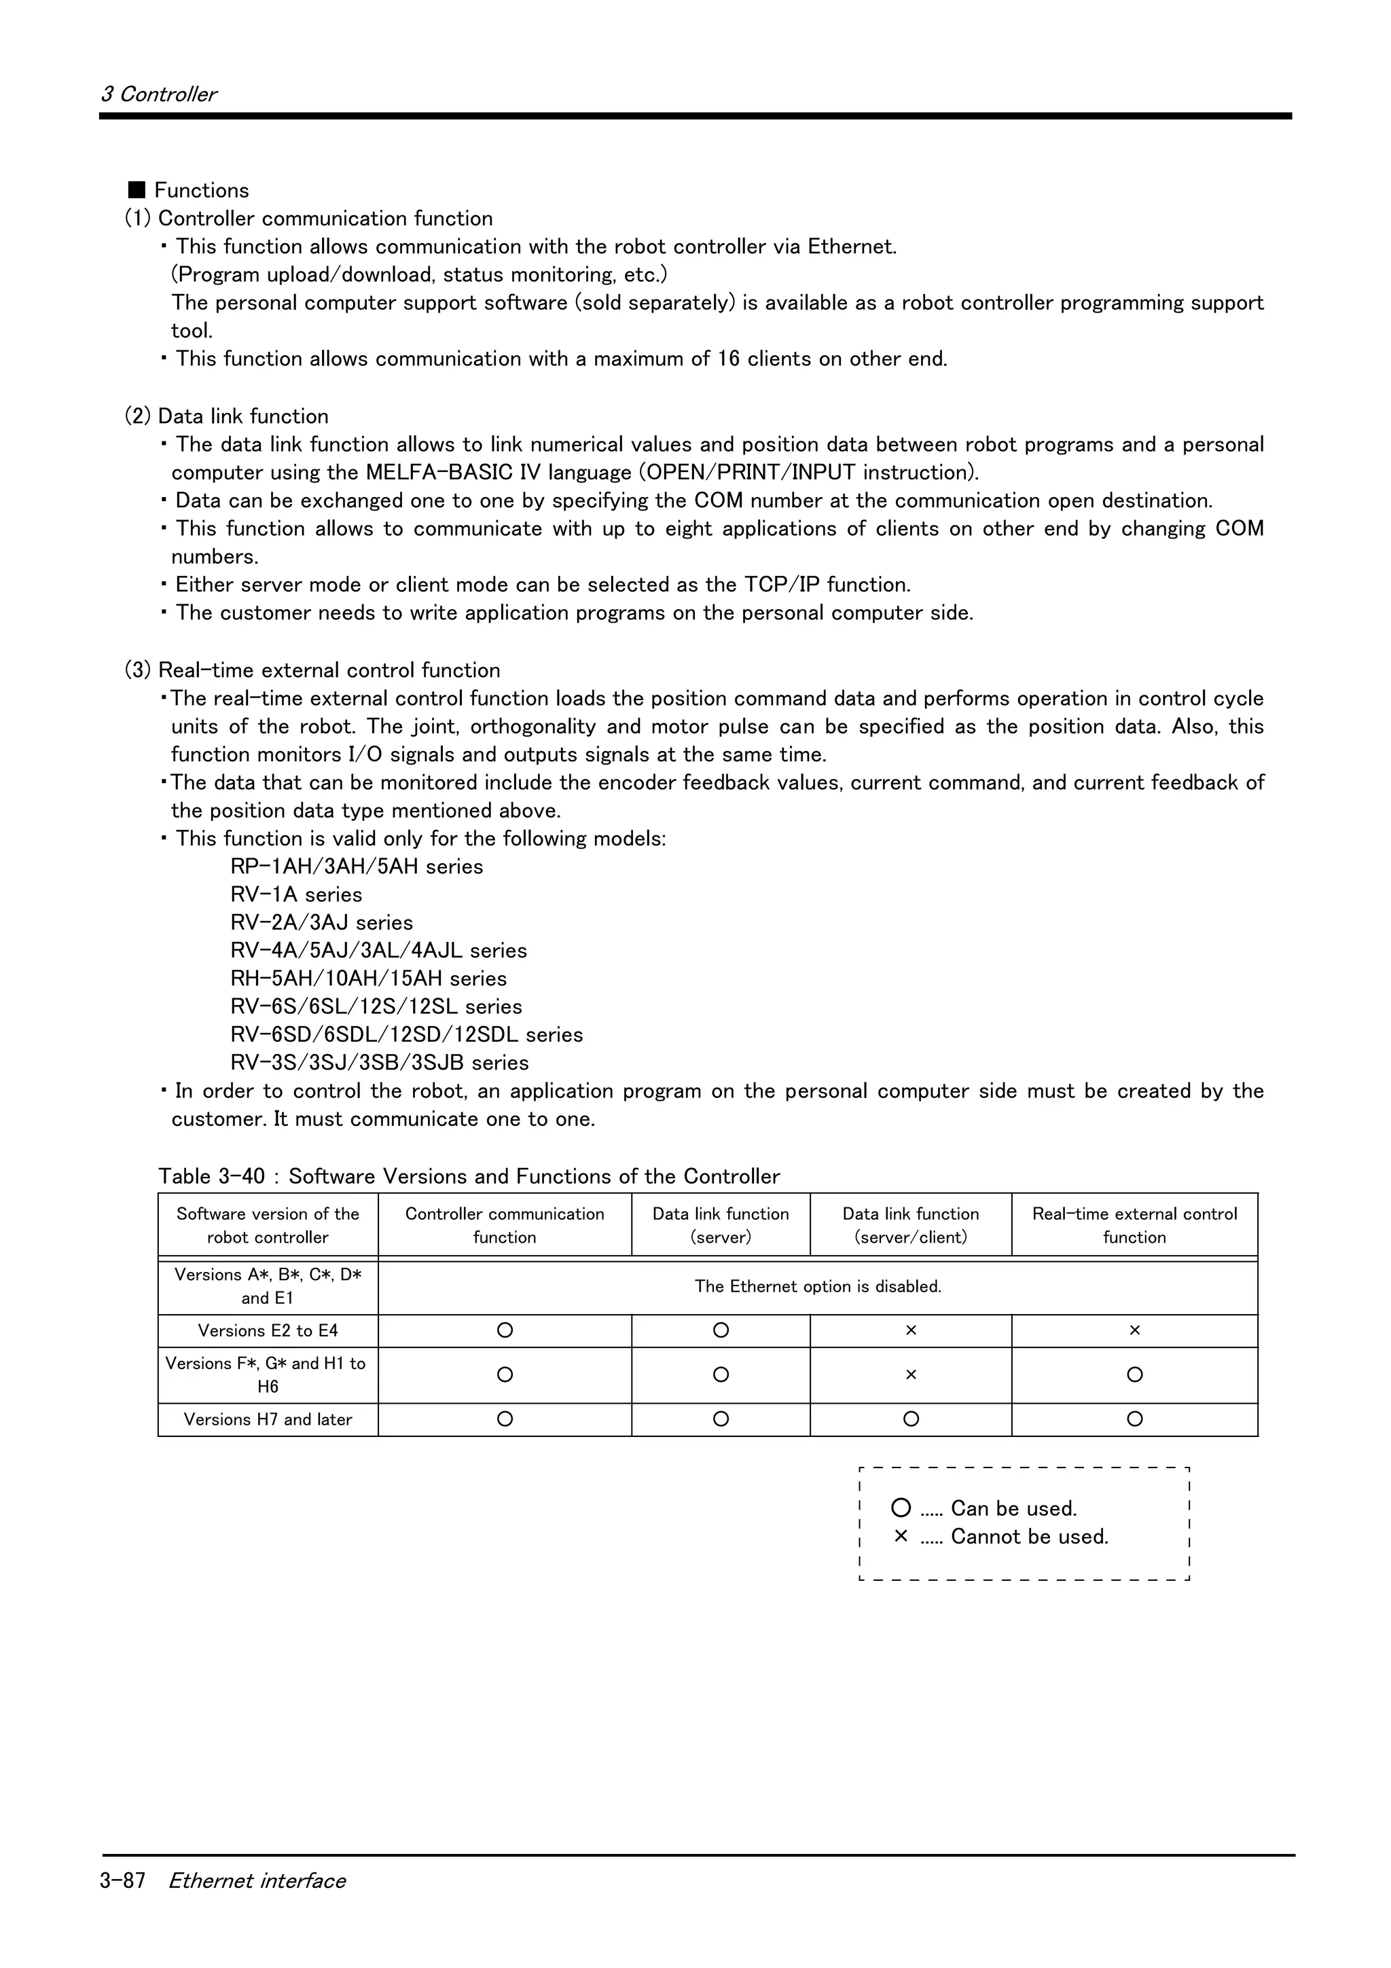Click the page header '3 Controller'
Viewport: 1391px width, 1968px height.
(x=158, y=94)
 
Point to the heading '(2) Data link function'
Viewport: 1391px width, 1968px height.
(x=226, y=416)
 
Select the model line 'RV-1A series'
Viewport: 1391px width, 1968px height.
(x=295, y=895)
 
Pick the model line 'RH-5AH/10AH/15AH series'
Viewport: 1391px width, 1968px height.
(x=369, y=979)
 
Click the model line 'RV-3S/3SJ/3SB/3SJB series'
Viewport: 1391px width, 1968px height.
(x=380, y=1063)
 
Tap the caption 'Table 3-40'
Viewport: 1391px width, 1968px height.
(x=212, y=1176)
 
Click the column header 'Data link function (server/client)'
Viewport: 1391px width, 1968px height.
(x=910, y=1225)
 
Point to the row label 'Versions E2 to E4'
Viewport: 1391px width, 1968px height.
(x=268, y=1330)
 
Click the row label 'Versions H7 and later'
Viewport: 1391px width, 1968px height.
(x=268, y=1419)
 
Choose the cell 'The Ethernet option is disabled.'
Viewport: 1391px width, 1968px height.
(x=818, y=1287)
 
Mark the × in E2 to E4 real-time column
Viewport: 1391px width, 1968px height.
(x=1135, y=1330)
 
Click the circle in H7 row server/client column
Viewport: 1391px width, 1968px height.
(x=911, y=1419)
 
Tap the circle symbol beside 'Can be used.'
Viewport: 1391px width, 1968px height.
(x=901, y=1508)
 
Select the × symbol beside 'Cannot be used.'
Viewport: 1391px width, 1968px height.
(x=901, y=1536)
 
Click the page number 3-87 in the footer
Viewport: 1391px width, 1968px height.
(x=122, y=1880)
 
